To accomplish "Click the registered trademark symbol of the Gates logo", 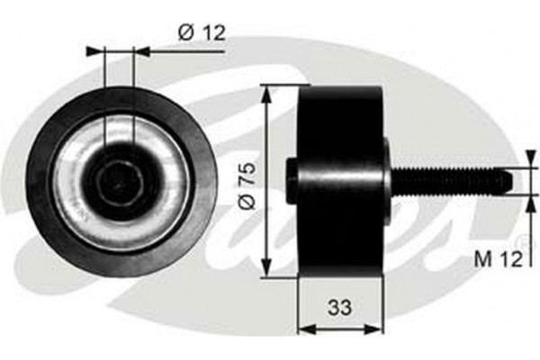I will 520,243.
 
